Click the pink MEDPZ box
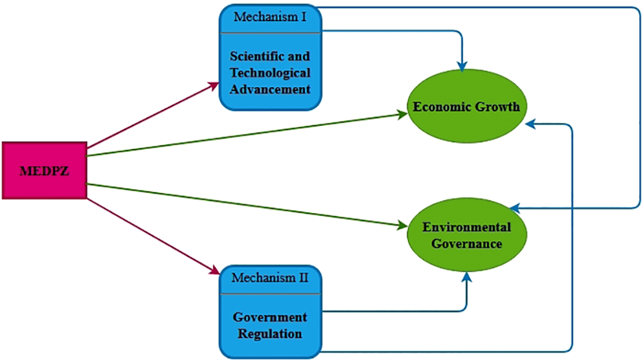pyautogui.click(x=45, y=171)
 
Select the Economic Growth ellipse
pyautogui.click(x=466, y=106)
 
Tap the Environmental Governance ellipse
pyautogui.click(x=466, y=235)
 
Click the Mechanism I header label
pyautogui.click(x=270, y=17)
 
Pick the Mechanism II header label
pyautogui.click(x=270, y=277)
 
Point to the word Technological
pyautogui.click(x=270, y=73)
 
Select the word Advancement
pyautogui.click(x=270, y=90)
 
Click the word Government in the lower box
pyautogui.click(x=270, y=317)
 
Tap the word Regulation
pyautogui.click(x=270, y=334)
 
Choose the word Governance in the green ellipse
pyautogui.click(x=466, y=244)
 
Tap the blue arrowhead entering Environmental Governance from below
pyautogui.click(x=466, y=277)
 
